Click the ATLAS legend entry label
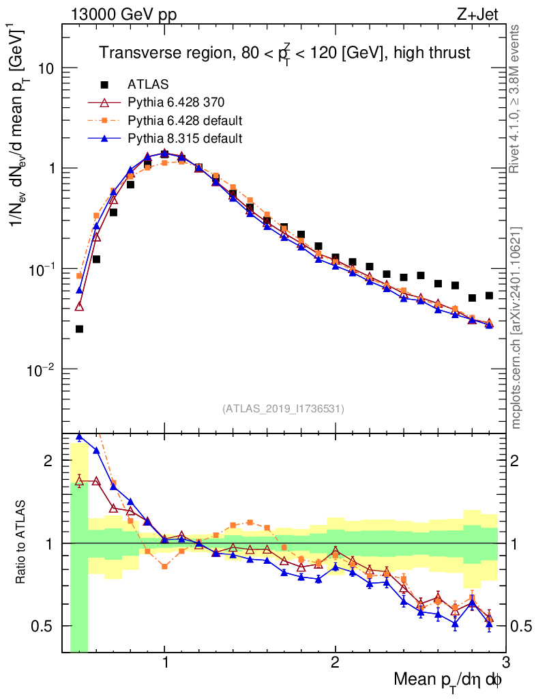tap(148, 85)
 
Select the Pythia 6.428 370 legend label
tap(176, 103)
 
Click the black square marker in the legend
tap(104, 85)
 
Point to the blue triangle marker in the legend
tap(104, 139)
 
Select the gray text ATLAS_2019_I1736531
tap(283, 409)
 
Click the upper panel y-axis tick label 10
tap(46, 69)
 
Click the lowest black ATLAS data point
tap(79, 329)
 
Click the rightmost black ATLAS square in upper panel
tap(489, 296)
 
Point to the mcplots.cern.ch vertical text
tap(517, 327)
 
